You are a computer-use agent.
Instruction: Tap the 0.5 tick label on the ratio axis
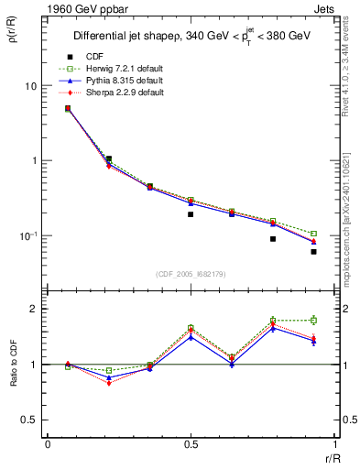pos(31,420)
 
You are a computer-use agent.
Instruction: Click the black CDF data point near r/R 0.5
pos(191,214)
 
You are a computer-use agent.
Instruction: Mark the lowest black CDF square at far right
pos(313,251)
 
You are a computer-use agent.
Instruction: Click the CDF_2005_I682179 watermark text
pos(191,272)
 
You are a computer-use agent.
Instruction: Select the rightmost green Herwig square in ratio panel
pos(313,320)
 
